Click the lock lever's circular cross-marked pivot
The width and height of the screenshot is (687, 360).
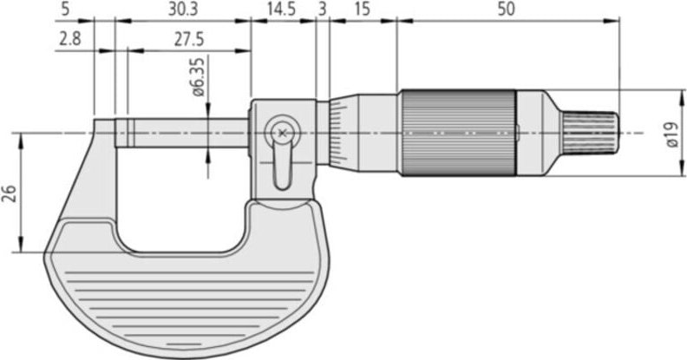[x=282, y=132]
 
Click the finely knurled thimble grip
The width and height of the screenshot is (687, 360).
[x=457, y=133]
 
